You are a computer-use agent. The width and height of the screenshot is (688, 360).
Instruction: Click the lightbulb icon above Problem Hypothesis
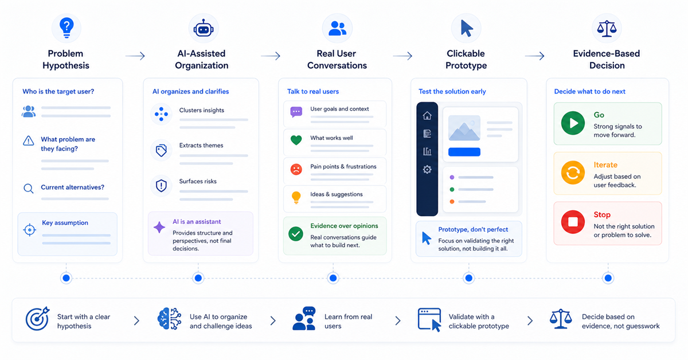pos(67,28)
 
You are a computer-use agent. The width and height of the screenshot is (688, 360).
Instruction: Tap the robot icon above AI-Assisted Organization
pos(204,28)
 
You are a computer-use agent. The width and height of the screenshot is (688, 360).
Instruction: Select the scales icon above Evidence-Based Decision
pos(607,29)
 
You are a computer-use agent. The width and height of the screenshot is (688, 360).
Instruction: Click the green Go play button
pos(573,123)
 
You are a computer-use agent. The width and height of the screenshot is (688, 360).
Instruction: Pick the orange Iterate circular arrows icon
pos(573,173)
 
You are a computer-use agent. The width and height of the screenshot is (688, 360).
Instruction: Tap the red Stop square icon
pos(573,222)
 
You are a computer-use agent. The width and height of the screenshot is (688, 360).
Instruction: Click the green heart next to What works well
pos(296,140)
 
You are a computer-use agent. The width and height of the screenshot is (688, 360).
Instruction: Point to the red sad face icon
pos(296,169)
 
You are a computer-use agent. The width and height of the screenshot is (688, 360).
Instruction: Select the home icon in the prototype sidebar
pos(427,115)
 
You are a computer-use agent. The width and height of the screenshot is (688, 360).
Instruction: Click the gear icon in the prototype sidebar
pos(427,169)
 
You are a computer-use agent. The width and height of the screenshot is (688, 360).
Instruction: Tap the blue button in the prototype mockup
pos(464,152)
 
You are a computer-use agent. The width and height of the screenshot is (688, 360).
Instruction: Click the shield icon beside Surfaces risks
pos(161,186)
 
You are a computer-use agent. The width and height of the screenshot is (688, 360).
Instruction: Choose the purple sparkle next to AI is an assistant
pos(159,228)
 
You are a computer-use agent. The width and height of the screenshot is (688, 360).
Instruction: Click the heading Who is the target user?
pos(58,92)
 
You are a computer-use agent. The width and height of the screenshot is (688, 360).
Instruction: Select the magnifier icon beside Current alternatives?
pos(29,188)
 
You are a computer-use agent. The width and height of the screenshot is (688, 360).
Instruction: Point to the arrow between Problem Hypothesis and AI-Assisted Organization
pos(135,56)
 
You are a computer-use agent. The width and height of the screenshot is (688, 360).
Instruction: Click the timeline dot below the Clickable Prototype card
pos(469,278)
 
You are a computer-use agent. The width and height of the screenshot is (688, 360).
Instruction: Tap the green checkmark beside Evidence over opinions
pos(296,234)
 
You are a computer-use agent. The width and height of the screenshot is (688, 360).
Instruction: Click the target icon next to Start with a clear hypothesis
pos(37,319)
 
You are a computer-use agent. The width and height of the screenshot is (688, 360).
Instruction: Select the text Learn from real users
pos(349,321)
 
